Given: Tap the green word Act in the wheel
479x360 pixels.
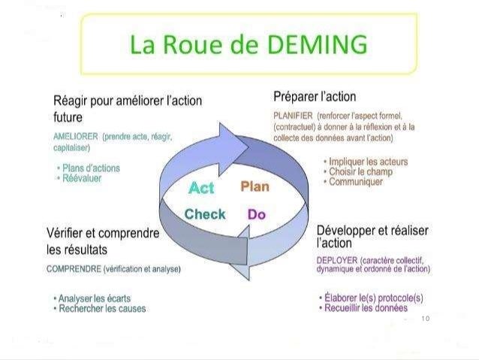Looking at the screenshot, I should click(x=201, y=186).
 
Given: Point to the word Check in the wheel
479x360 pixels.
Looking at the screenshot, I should click(x=205, y=214).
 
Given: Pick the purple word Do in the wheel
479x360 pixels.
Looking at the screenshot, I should click(x=257, y=214).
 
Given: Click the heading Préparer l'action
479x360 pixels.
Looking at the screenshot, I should click(x=315, y=97).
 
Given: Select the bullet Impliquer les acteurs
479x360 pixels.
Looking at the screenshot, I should click(x=366, y=162).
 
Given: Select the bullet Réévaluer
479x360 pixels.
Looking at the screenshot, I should click(x=80, y=179).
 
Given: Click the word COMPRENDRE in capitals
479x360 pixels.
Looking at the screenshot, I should click(x=74, y=268).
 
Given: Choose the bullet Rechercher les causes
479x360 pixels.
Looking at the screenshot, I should click(x=102, y=308).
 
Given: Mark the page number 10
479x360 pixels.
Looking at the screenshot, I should click(x=425, y=319).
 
